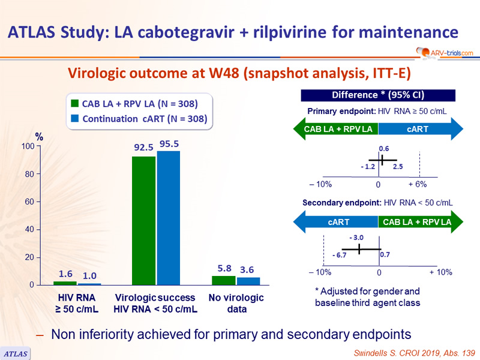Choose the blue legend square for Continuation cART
74,119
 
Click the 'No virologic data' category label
236,304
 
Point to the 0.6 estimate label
384,148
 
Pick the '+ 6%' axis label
418,184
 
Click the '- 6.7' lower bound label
340,256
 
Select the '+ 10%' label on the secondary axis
441,272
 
